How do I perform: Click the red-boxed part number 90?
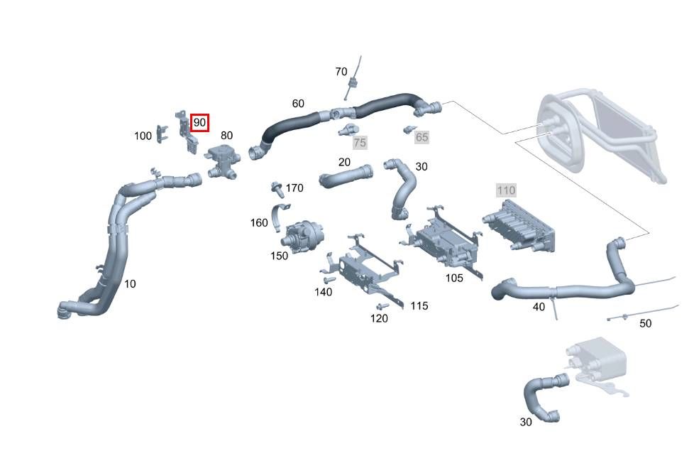[199, 123]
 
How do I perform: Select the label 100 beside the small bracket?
[143, 136]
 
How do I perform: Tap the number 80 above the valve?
[226, 135]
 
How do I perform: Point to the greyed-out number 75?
[360, 143]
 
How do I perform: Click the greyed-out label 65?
[421, 137]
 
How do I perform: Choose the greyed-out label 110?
[506, 190]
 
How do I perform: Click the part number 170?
[294, 188]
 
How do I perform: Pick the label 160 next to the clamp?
[259, 223]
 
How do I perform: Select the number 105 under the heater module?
[454, 278]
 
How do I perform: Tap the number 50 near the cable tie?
[645, 324]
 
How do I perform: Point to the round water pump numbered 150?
[302, 234]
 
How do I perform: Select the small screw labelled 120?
[382, 306]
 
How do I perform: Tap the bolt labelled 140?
[329, 280]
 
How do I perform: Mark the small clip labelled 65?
[409, 129]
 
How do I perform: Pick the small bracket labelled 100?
[162, 134]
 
